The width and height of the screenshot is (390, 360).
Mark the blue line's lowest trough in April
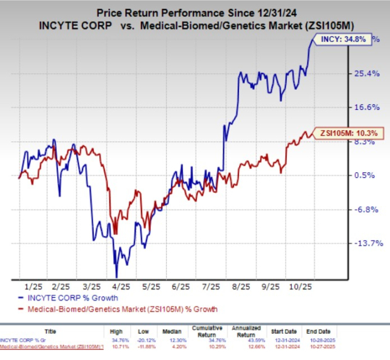click(x=116, y=277)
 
